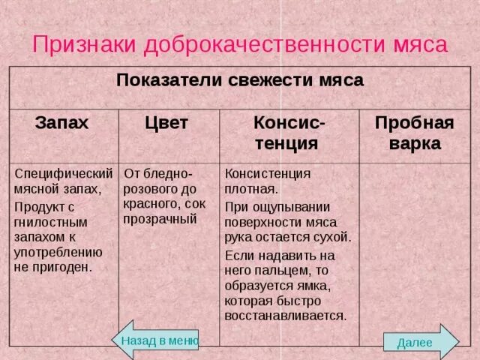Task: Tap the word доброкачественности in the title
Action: (x=265, y=44)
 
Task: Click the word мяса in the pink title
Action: (x=421, y=44)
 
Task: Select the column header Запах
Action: (x=62, y=123)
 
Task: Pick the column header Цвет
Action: (x=166, y=123)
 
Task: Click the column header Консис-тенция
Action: (x=289, y=133)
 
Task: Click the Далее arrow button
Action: (x=418, y=342)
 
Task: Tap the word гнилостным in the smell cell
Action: (x=51, y=223)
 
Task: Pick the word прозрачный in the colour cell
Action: (x=160, y=219)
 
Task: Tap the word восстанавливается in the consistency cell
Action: (x=285, y=316)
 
